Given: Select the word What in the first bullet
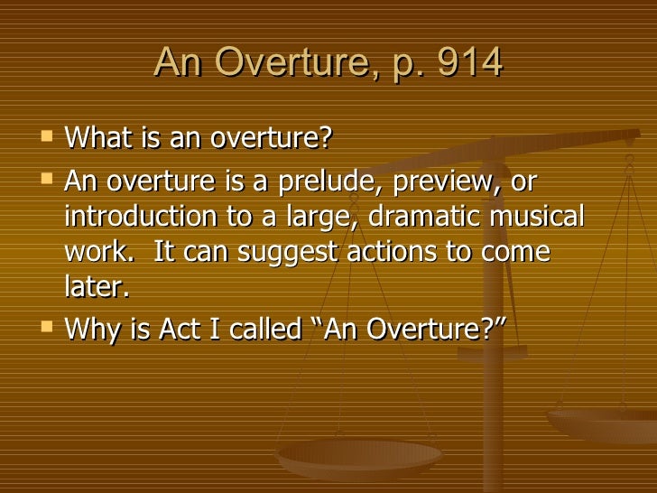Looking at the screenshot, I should tap(97, 139).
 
